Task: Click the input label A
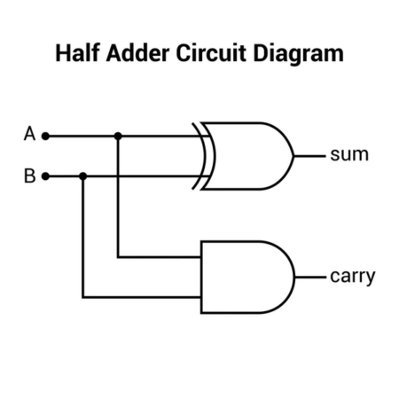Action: point(29,136)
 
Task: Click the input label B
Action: point(29,176)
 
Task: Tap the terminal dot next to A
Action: point(46,137)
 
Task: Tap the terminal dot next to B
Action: point(46,176)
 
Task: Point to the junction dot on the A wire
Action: point(118,137)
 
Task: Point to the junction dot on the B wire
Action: point(82,176)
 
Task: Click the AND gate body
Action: point(244,277)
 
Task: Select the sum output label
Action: point(348,155)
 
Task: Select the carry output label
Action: point(352,277)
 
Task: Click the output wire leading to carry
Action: point(311,277)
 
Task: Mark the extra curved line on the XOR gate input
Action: point(200,155)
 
